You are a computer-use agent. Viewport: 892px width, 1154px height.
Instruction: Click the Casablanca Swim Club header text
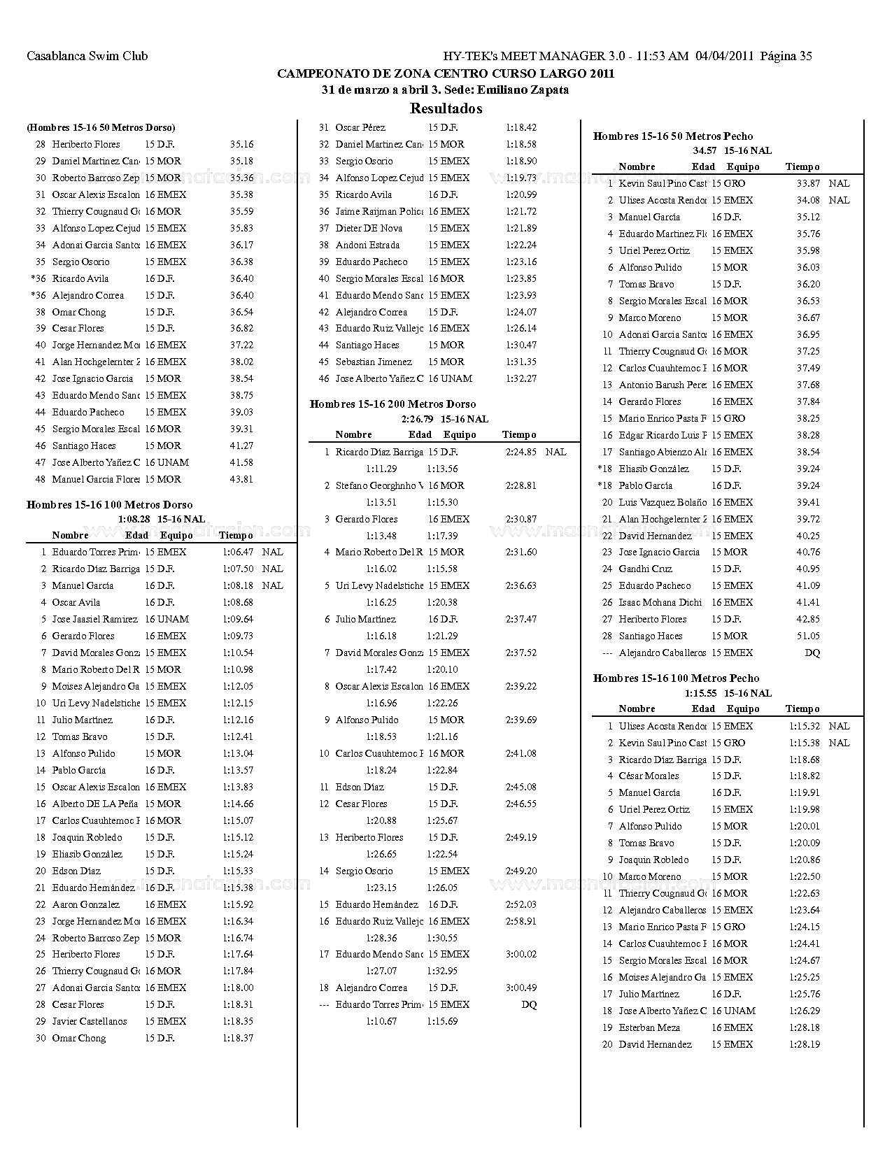tap(87, 56)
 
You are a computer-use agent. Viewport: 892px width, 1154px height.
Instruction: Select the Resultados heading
tap(446, 108)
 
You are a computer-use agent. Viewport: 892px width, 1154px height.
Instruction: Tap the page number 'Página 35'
tap(786, 56)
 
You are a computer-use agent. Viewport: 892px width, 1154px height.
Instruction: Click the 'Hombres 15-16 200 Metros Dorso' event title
tap(392, 404)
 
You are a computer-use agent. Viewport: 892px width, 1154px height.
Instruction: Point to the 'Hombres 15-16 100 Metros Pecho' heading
tap(676, 678)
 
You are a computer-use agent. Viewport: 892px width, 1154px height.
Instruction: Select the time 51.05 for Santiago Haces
tap(808, 636)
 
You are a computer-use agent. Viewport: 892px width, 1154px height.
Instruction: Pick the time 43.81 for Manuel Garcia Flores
tap(241, 479)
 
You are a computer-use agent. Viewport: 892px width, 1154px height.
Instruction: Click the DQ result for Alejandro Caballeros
tap(812, 653)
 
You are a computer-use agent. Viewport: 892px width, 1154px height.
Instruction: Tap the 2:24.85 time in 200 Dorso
tap(521, 452)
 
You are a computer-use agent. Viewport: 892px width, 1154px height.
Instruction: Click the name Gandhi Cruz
tap(645, 569)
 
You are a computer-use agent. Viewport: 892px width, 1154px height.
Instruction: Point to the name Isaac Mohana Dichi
tap(660, 602)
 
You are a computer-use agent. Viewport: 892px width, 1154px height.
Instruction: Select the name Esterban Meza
tap(649, 1027)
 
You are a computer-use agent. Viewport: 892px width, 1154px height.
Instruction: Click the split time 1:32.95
tap(442, 971)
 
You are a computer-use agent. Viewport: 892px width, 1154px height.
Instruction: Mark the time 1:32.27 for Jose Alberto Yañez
tap(521, 378)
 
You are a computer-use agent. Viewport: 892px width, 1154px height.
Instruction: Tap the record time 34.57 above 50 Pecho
tap(705, 150)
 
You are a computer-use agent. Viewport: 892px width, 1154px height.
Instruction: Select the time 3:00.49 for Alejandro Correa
tap(521, 988)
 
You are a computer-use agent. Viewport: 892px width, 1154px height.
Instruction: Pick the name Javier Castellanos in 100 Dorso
tap(90, 1021)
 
